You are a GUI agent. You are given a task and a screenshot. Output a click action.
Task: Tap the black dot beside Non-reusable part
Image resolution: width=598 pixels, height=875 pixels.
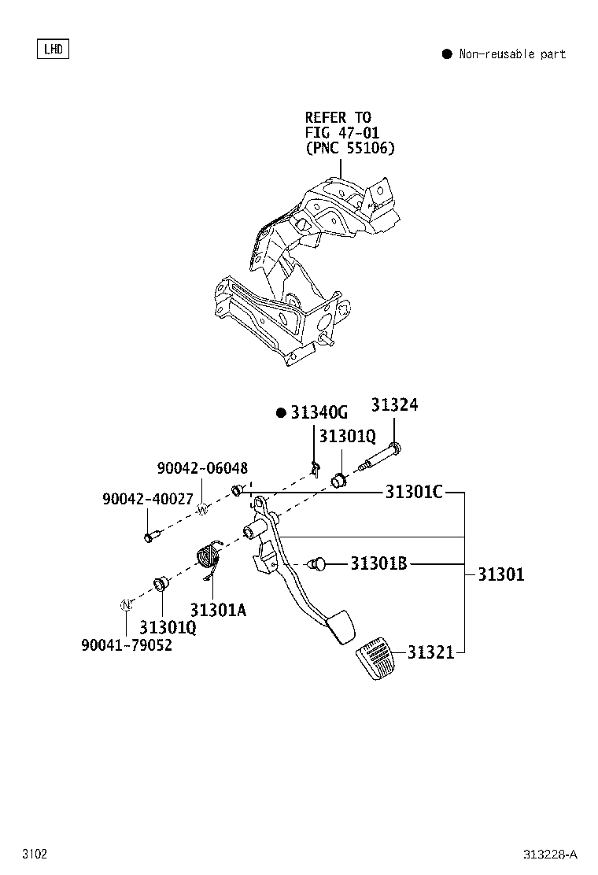446,54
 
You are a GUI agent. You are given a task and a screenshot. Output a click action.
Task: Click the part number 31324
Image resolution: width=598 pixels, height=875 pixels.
394,404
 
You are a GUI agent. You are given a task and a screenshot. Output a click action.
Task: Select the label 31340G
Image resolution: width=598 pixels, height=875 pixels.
318,413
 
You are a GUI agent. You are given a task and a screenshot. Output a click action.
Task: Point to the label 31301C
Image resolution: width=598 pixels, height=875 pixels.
414,493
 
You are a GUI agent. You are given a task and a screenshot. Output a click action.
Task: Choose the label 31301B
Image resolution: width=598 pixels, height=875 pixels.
378,563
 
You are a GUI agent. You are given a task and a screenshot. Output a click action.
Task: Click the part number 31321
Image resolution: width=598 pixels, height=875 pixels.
430,652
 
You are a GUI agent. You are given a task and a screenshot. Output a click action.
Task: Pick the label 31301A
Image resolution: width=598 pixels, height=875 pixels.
218,609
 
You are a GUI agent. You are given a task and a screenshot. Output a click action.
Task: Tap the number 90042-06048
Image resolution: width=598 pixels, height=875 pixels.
201,467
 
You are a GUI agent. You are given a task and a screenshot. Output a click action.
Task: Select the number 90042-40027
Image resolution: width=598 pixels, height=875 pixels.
147,499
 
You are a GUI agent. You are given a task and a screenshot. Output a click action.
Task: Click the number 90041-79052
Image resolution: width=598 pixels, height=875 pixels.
127,645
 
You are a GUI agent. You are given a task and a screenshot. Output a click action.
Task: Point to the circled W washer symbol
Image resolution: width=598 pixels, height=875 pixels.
201,510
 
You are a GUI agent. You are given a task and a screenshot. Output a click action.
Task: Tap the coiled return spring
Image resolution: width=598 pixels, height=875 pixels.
208,557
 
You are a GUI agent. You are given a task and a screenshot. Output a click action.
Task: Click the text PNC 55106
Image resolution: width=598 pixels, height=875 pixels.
349,148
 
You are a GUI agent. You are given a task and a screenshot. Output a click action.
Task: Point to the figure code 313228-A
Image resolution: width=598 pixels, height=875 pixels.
549,855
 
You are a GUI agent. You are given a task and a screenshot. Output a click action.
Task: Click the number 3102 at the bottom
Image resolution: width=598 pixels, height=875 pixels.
35,855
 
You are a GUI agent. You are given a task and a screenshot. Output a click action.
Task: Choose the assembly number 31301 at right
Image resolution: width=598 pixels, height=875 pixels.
500,574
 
